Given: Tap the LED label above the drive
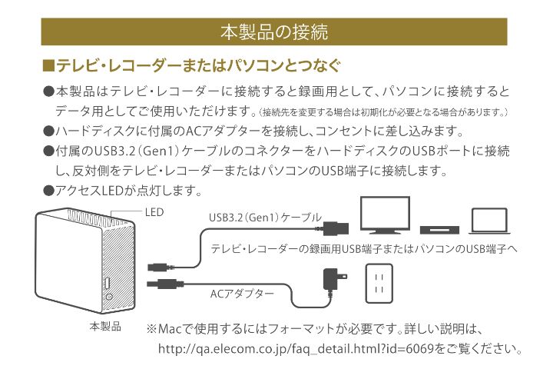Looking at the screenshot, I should click(x=154, y=211).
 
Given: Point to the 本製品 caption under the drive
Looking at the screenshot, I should click(x=105, y=326).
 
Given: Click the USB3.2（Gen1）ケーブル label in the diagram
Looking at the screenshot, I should click(x=265, y=218).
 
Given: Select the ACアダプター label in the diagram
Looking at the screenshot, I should click(x=242, y=293).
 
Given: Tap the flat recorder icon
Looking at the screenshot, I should click(x=441, y=228).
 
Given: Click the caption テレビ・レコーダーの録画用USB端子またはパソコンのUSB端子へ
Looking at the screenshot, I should click(x=365, y=250).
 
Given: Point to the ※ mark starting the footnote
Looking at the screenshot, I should click(x=151, y=329).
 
